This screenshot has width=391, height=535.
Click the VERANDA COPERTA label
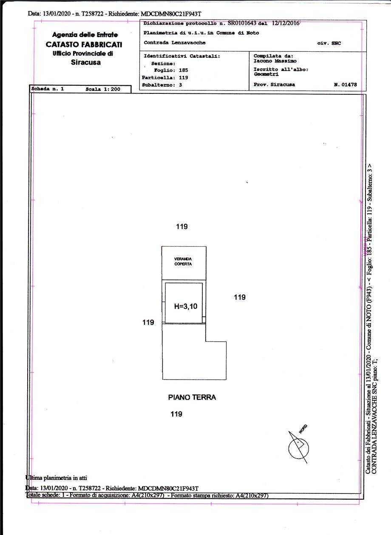pos(183,261)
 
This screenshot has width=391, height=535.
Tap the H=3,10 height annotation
pos(186,306)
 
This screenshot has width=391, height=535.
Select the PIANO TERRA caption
pos(192,397)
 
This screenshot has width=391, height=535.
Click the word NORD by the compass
pos(303,429)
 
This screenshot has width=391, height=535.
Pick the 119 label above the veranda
pos(181,226)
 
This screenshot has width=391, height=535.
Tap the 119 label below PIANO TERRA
pos(176,414)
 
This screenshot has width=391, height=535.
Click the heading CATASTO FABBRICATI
pos(84,45)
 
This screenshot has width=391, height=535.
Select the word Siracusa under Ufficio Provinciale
pos(85,62)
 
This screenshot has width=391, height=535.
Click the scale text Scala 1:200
pos(103,89)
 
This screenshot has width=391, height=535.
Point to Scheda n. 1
pos(48,89)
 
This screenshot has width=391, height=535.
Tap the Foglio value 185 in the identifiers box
pos(183,70)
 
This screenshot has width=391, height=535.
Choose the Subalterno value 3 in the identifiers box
pos(181,85)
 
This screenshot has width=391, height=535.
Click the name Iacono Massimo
pos(275,61)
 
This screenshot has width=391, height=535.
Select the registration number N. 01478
pos(346,84)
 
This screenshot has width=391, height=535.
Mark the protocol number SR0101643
pos(242,23)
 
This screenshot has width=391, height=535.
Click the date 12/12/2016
pos(286,23)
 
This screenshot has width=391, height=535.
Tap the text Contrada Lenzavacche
pos(175,42)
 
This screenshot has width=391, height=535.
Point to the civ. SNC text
pos(329,43)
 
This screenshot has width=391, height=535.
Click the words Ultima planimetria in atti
pos(57,477)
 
